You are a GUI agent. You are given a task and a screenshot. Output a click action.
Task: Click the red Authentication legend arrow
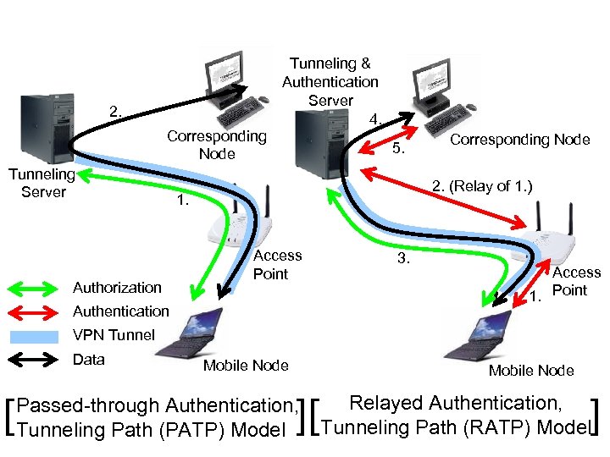[x=36, y=311]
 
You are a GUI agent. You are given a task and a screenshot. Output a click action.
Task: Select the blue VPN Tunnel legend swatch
[x=36, y=335]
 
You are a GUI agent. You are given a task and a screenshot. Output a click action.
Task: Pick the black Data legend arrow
[x=36, y=360]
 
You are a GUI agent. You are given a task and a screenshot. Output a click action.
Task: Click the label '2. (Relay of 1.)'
[x=481, y=185]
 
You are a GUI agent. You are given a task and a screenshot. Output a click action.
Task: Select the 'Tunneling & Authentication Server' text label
[x=330, y=82]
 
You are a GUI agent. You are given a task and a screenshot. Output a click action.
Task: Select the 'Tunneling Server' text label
[x=42, y=183]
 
